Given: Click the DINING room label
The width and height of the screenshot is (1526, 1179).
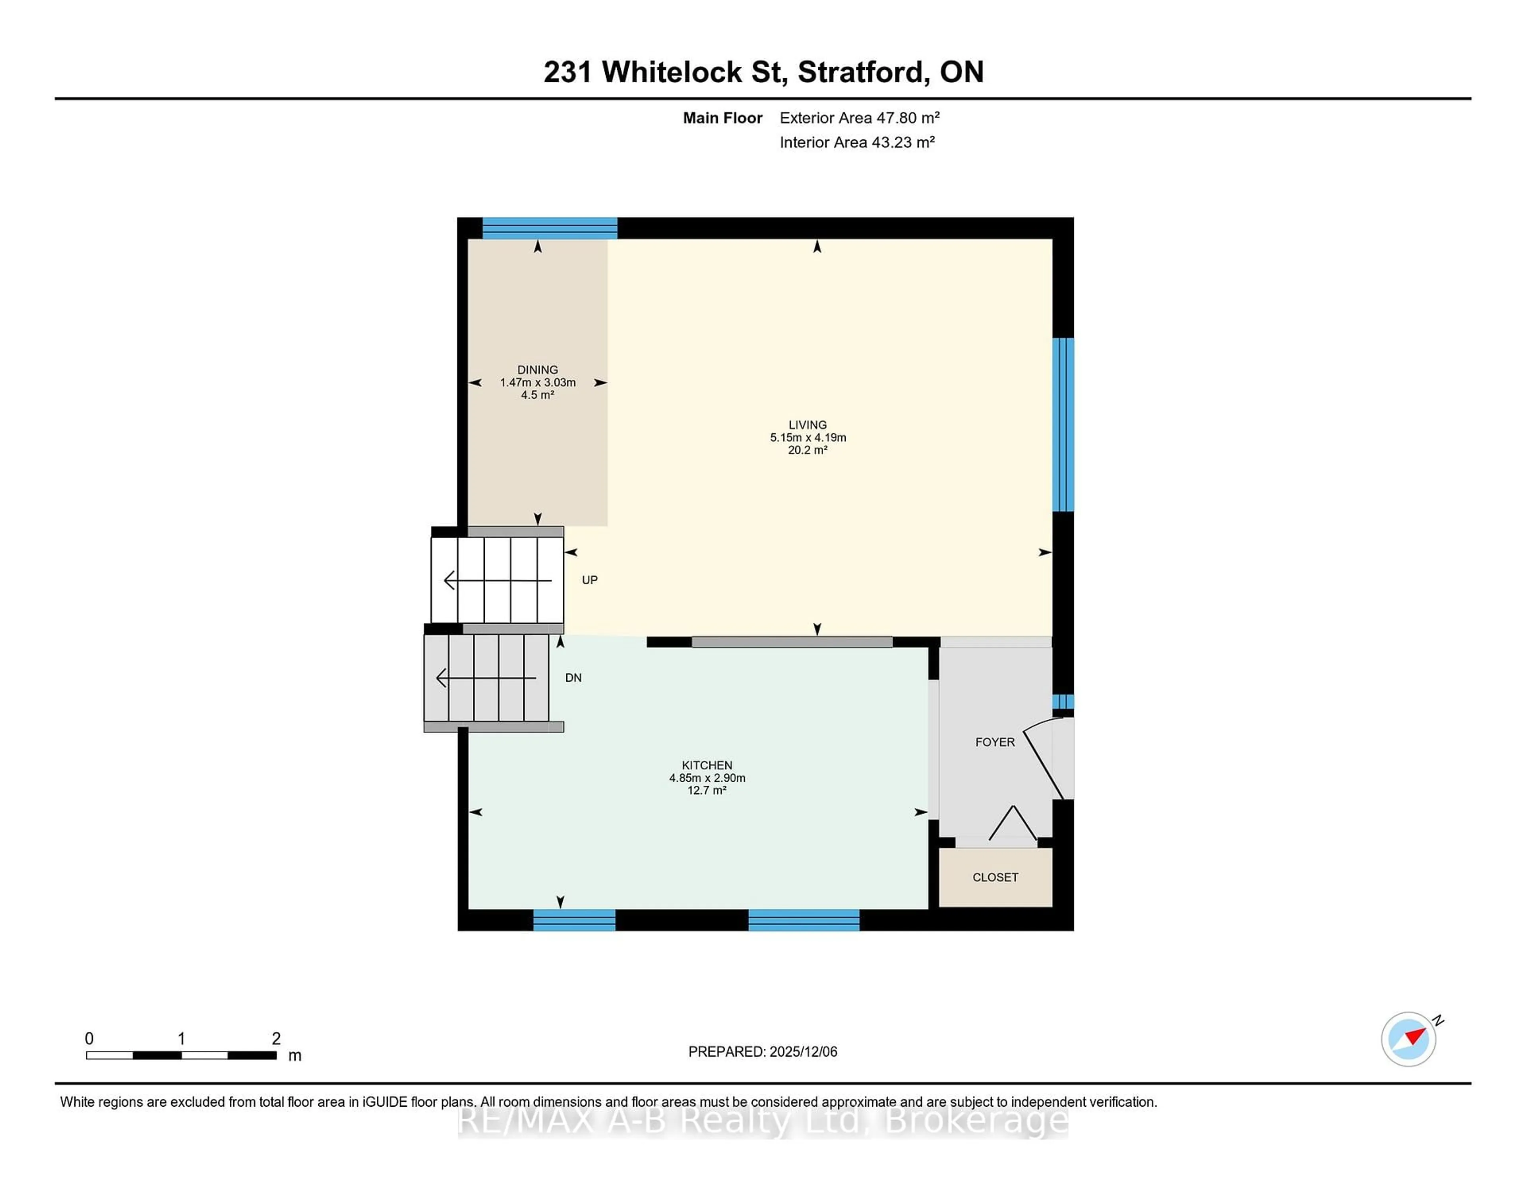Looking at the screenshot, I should click(x=537, y=369).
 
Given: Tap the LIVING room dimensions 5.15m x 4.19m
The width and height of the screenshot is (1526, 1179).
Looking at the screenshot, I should click(x=808, y=437).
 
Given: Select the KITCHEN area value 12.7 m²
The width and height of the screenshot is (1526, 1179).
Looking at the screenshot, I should click(x=707, y=790).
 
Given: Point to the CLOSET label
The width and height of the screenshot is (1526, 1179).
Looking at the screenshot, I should click(x=995, y=877).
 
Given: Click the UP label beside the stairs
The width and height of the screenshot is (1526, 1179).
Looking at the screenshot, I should click(x=589, y=580).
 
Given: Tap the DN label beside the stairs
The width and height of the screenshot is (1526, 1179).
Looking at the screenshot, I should click(x=573, y=678).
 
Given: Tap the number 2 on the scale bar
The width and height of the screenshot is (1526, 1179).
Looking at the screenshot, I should click(x=276, y=1039).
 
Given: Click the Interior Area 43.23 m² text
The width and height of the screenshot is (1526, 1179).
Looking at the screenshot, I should click(x=857, y=143).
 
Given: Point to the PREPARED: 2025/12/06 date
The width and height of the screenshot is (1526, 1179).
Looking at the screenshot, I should click(x=762, y=1051).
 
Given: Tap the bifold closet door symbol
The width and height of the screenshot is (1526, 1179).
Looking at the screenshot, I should click(x=1013, y=824).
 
